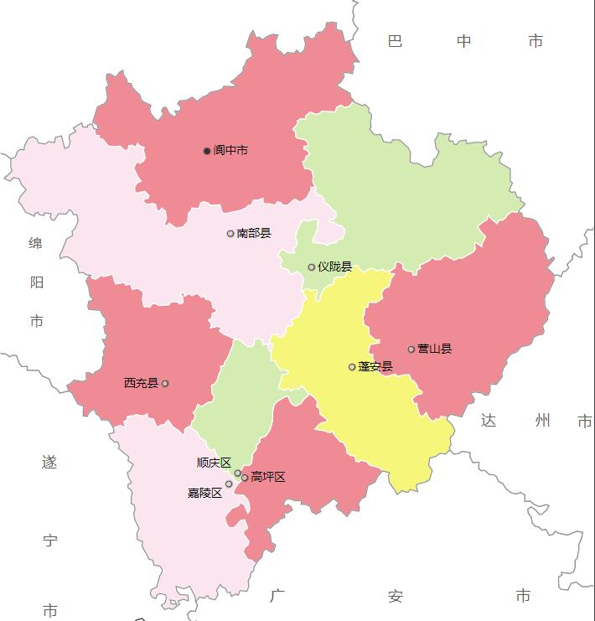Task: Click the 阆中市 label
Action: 230,151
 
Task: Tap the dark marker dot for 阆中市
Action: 207,151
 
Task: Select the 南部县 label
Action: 254,233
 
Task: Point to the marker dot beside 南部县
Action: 230,234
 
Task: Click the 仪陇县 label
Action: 334,267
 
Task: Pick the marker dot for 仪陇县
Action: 312,267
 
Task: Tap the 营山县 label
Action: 435,349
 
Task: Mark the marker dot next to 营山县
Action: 411,349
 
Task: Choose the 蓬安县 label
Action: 375,366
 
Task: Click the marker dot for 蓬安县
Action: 352,367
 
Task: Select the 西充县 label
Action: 141,383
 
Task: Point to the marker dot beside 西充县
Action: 165,384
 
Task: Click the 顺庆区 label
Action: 214,463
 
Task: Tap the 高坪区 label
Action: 268,477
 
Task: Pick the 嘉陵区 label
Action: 204,493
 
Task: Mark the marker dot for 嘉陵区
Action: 229,484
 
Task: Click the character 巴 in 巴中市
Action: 395,41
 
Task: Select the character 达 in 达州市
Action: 489,421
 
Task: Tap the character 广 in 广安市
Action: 278,597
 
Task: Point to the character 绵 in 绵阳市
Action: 36,243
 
